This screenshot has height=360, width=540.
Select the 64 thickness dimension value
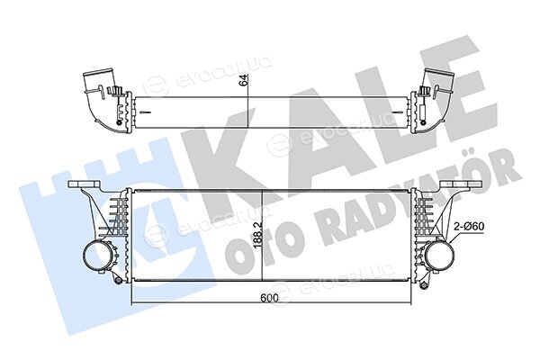243,80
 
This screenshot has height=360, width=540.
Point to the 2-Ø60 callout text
470,227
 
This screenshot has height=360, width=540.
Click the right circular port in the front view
439,256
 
